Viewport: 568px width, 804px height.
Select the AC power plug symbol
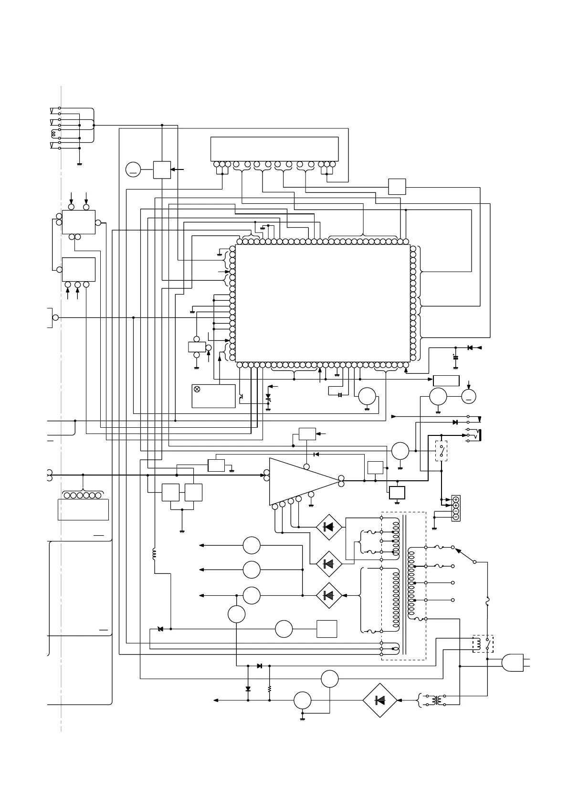[514, 663]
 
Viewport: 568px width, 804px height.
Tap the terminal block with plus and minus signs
[456, 508]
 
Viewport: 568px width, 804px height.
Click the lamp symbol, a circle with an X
[197, 389]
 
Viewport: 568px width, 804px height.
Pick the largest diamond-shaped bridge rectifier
[380, 700]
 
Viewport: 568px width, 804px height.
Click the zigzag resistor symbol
[270, 689]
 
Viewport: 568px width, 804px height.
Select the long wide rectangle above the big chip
[274, 149]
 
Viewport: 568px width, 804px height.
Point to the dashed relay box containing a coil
[483, 644]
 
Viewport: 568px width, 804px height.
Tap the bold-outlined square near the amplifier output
[397, 492]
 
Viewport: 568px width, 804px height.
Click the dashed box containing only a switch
[442, 451]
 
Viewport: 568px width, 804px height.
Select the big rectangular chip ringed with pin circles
[323, 304]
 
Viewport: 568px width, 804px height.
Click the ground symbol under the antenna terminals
[79, 164]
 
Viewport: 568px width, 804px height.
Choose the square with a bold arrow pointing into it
[162, 169]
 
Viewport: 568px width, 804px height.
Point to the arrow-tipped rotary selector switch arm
[465, 555]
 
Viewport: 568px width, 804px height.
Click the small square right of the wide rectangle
[397, 186]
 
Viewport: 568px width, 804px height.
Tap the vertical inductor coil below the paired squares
[154, 554]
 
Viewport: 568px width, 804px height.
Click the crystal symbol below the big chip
[340, 395]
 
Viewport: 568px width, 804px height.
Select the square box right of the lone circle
[327, 629]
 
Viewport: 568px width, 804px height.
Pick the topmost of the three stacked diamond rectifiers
[328, 527]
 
